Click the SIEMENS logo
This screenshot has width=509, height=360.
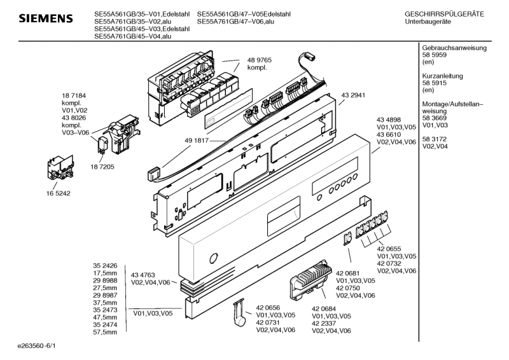(x=45, y=18)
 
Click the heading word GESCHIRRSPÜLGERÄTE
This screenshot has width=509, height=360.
(x=444, y=13)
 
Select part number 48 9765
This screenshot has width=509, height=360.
(x=260, y=59)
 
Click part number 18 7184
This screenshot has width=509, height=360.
(x=74, y=94)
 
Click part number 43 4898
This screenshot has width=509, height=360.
(x=389, y=120)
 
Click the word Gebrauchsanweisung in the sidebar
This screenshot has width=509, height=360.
(x=454, y=48)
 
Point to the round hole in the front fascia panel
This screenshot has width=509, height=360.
(x=213, y=258)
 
